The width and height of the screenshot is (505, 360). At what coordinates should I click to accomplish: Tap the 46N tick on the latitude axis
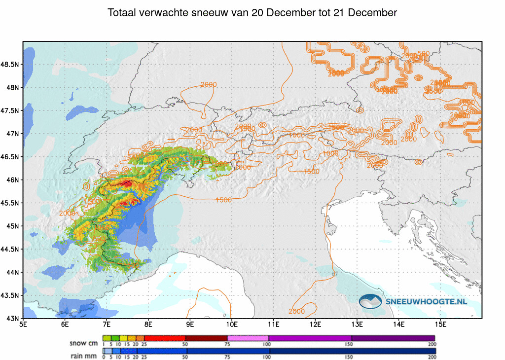point(13,180)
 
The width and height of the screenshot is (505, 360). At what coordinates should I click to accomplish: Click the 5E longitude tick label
point(23,324)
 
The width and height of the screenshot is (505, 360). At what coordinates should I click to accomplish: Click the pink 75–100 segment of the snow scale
point(248,338)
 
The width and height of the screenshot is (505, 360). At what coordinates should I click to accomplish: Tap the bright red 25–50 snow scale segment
point(165,338)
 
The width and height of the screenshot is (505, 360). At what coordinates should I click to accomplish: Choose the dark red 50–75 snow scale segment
point(207,338)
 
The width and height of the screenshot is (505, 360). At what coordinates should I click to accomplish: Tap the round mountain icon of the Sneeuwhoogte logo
point(371,301)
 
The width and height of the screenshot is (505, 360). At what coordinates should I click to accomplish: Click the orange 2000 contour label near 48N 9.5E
point(209,85)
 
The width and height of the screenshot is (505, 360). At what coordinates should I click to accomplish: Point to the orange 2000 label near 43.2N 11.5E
point(296,311)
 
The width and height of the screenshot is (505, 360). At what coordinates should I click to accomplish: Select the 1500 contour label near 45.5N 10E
point(224,200)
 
